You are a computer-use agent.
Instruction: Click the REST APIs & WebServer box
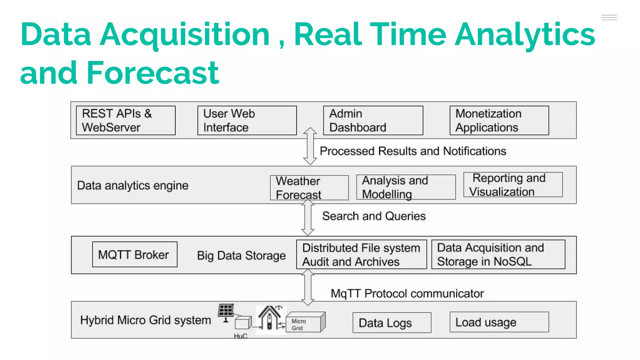click(x=126, y=121)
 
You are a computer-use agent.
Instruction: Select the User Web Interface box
click(x=247, y=121)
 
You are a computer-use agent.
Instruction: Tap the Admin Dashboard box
click(x=373, y=121)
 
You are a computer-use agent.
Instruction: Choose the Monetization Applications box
click(x=499, y=121)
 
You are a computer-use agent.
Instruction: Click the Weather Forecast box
click(x=309, y=187)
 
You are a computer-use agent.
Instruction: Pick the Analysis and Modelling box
click(x=406, y=187)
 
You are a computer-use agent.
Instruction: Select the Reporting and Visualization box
click(x=513, y=185)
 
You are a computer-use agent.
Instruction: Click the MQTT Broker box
click(x=135, y=254)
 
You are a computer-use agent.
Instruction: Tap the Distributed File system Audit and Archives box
click(x=361, y=254)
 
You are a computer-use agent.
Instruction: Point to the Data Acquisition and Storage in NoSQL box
click(x=498, y=254)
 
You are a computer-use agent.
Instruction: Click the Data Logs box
click(x=392, y=322)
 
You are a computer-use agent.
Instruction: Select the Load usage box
click(x=499, y=322)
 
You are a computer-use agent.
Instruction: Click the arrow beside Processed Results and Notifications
click(x=310, y=146)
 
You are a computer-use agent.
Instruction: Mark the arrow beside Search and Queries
click(x=308, y=218)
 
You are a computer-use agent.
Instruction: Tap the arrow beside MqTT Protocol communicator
click(x=308, y=287)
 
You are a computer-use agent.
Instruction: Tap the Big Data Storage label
click(x=241, y=256)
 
